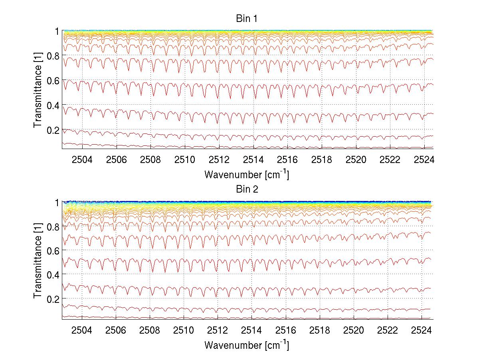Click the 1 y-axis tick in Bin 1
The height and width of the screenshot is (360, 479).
[57, 31]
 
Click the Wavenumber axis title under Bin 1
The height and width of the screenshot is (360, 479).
[247, 175]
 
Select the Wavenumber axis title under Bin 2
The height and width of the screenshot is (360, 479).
[247, 345]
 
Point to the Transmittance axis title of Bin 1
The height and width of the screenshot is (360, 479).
[38, 90]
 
